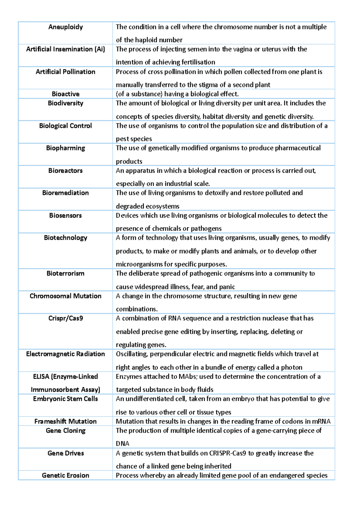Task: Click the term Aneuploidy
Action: tap(65, 27)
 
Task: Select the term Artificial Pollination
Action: tap(65, 72)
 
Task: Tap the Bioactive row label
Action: tap(65, 94)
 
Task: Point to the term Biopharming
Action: tap(65, 148)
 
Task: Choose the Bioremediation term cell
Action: tap(65, 193)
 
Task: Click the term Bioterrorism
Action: tap(65, 273)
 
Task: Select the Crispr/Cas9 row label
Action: tap(65, 318)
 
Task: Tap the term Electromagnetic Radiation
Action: tap(65, 354)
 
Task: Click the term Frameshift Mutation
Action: tap(65, 421)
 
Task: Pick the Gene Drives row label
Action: tap(65, 453)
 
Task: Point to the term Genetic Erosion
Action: tap(65, 475)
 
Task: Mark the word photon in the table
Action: tap(291, 368)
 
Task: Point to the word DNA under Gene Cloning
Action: tap(122, 444)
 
